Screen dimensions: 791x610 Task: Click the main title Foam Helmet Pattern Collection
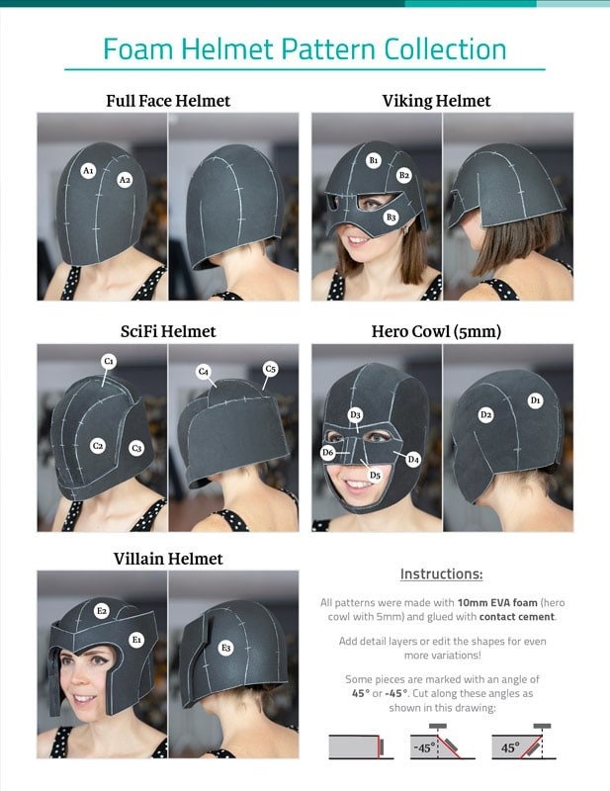(305, 48)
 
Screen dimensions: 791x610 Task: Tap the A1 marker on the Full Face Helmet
(88, 171)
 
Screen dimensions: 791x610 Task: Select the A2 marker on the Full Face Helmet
(125, 180)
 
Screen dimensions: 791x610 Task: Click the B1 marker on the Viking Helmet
(374, 159)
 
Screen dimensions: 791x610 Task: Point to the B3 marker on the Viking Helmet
(392, 217)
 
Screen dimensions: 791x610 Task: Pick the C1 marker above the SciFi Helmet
(109, 362)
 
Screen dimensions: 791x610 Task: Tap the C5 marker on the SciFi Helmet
(270, 369)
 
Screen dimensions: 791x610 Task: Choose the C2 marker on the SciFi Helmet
(98, 446)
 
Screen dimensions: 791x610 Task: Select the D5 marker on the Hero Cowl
(375, 475)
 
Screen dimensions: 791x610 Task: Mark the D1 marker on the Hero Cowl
(535, 400)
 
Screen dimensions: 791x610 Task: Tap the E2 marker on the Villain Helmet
(101, 611)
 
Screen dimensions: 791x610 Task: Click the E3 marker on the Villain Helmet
(226, 648)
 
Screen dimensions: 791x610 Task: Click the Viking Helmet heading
(436, 101)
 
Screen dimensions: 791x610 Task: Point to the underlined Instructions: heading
(441, 574)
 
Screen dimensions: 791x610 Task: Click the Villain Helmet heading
(167, 559)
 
